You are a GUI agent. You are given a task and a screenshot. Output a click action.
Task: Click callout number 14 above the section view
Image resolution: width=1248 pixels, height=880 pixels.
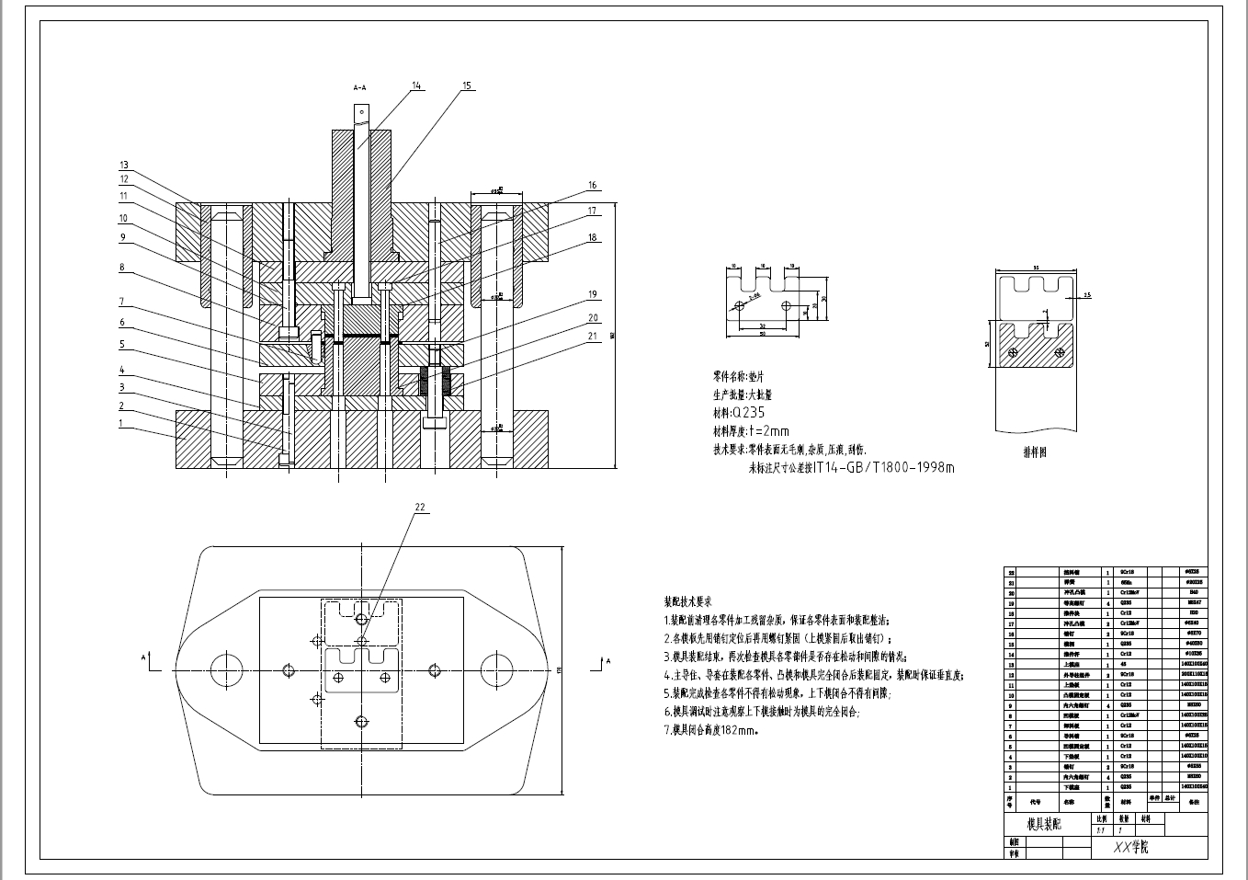pos(416,86)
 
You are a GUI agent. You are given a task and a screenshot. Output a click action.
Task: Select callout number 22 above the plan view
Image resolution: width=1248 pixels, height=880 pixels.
pos(420,507)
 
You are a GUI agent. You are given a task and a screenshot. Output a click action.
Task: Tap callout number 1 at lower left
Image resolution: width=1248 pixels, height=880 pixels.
pos(119,423)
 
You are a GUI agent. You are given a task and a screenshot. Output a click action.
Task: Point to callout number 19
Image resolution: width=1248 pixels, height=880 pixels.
pos(593,294)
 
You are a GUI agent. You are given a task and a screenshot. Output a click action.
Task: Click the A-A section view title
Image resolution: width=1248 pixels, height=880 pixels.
pos(360,87)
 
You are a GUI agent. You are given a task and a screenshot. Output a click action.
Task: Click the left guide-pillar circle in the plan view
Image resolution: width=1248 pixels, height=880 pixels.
pos(224,667)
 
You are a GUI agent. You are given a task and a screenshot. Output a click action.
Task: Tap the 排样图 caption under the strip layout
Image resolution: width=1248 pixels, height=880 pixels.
pos(1035,451)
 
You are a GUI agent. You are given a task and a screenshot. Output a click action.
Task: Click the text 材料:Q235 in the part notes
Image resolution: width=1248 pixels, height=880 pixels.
pos(739,413)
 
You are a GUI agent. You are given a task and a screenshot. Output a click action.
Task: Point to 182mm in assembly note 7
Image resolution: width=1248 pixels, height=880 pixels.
pos(739,731)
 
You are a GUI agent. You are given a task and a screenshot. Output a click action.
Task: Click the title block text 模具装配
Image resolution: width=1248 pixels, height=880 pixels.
pos(1043,824)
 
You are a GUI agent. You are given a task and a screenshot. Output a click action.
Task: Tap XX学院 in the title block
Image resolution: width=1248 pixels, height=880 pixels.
pos(1130,847)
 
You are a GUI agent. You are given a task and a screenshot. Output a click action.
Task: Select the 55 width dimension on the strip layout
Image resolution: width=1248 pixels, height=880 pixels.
pos(1036,267)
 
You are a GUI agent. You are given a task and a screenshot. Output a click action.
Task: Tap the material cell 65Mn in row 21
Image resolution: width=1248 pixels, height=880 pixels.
pos(1127,582)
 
